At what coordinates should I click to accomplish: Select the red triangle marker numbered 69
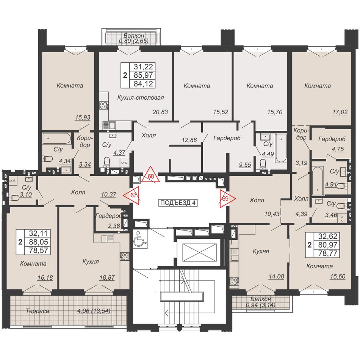(226, 198)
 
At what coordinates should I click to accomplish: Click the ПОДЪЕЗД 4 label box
(178, 203)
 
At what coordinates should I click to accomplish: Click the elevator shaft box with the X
(199, 252)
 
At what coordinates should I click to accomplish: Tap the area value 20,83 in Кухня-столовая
(160, 112)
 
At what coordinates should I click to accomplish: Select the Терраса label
(38, 311)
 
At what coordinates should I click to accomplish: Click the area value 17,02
(340, 112)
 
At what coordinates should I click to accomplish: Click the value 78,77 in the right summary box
(328, 253)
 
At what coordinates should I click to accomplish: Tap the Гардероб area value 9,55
(245, 164)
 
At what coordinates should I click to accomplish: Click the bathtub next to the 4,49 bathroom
(281, 148)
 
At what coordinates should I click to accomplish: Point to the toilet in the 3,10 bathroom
(14, 197)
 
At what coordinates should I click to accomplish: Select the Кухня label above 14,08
(261, 251)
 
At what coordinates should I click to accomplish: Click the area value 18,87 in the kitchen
(107, 277)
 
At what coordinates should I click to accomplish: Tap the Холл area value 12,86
(189, 140)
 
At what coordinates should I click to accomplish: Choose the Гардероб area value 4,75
(338, 149)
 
